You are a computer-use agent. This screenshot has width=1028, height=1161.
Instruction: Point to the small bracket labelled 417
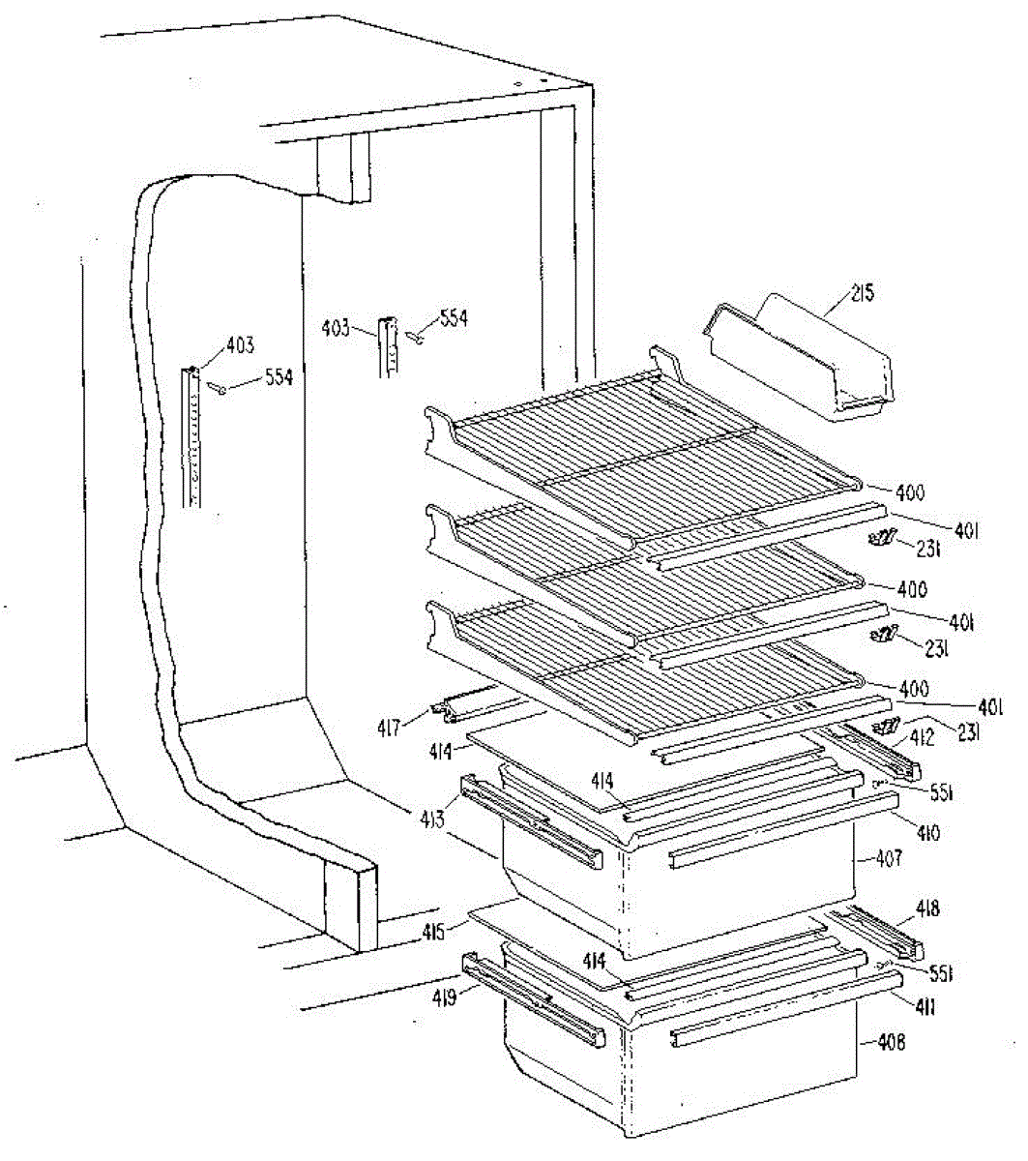464,707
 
